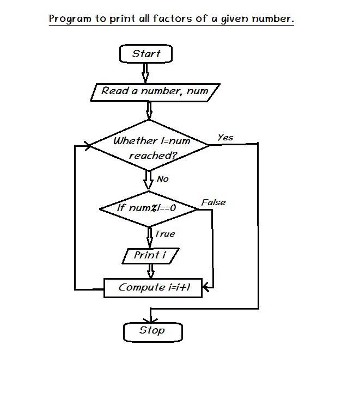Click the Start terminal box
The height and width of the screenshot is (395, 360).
coord(146,54)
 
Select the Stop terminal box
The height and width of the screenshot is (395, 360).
coord(152,331)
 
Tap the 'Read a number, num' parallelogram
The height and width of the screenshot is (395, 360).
coord(155,91)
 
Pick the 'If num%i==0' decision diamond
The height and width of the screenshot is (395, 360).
coord(149,208)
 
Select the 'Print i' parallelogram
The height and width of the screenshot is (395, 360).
coord(149,255)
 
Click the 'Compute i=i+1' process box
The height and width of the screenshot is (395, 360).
coord(153,287)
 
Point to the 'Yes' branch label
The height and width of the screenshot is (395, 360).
coord(225,138)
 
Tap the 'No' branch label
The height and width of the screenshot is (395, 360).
coord(162,179)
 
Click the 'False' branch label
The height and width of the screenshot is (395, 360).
coord(213,202)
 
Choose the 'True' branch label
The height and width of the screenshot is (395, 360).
coord(164,234)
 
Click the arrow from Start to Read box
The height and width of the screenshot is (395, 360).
coord(145,73)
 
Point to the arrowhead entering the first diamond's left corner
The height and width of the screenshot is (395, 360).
coord(86,146)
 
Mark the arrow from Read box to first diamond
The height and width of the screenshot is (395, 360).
coord(149,110)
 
